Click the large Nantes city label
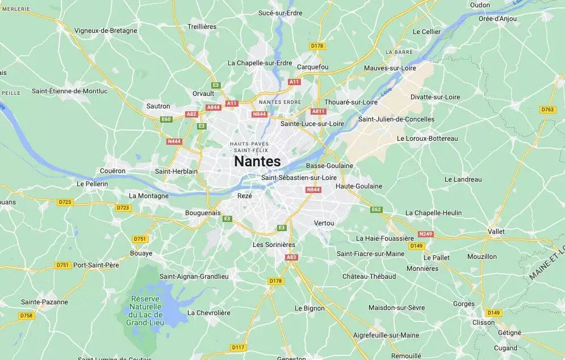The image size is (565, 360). point(257,161)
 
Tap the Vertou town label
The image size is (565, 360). point(324,223)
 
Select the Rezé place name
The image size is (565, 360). point(244,195)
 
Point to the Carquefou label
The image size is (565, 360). point(313,67)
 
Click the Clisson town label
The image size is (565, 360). point(484,323)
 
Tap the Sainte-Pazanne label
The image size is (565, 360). point(44,302)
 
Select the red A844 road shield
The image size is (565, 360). point(214,107)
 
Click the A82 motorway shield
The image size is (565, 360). point(191,114)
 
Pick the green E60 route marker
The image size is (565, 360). point(166,119)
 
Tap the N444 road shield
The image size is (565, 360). point(174,141)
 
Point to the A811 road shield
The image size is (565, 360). point(318,111)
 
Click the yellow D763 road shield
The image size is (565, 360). point(547,110)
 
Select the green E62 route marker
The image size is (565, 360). point(376,210)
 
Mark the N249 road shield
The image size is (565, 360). point(425,234)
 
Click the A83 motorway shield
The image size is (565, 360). point(291,257)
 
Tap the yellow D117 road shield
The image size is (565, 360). point(238,347)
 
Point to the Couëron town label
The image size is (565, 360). point(112,171)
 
